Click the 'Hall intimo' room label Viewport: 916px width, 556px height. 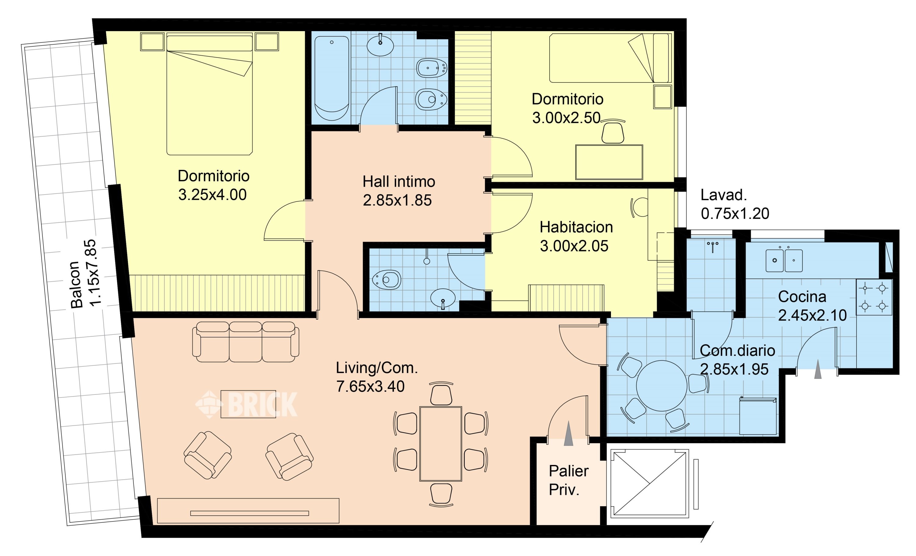click(398, 182)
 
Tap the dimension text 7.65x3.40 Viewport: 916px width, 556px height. click(370, 386)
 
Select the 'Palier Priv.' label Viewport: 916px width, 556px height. click(569, 481)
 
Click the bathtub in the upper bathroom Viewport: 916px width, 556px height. click(332, 78)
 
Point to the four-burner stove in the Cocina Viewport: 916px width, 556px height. click(874, 298)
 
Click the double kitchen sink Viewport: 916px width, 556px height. click(784, 260)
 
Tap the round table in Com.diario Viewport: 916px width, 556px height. click(661, 386)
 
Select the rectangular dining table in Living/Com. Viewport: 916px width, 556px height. click(441, 444)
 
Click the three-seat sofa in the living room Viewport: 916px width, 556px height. click(245, 342)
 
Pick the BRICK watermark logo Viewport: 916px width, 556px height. click(246, 404)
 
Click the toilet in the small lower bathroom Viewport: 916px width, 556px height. click(387, 279)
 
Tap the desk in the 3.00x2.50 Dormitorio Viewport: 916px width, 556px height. click(609, 162)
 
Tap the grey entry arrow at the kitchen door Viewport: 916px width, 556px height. click(817, 369)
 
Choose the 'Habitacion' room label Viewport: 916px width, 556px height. click(576, 227)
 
